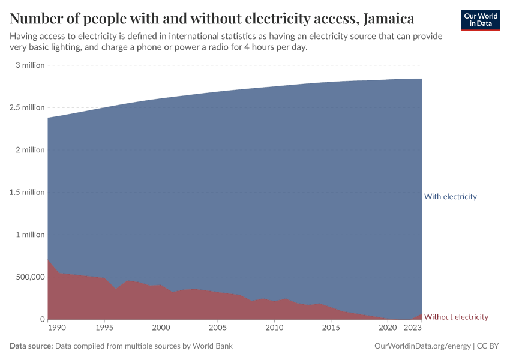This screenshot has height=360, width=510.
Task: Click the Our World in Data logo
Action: click(480, 20)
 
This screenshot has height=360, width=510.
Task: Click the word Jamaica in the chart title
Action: click(386, 19)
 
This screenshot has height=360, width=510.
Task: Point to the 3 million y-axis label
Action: click(30, 65)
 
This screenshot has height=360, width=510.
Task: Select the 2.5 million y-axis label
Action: click(27, 107)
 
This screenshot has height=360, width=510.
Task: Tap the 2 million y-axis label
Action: click(30, 150)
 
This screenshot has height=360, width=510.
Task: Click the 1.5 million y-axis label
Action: click(27, 192)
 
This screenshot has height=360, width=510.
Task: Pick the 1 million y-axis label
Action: click(30, 235)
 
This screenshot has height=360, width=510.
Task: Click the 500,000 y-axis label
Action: click(28, 277)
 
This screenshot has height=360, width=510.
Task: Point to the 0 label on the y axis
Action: click(42, 319)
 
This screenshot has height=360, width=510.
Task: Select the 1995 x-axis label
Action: click(104, 328)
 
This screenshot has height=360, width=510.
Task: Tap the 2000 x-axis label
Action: click(161, 328)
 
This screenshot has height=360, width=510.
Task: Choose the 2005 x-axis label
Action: click(217, 328)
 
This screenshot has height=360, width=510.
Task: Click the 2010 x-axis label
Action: click(274, 328)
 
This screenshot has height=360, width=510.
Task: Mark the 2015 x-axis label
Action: click(331, 328)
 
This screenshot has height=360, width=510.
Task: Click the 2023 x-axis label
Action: click(413, 328)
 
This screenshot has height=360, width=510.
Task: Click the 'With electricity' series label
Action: click(450, 196)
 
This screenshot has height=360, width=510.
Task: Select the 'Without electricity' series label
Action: click(456, 317)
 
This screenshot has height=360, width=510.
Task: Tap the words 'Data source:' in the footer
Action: click(31, 346)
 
